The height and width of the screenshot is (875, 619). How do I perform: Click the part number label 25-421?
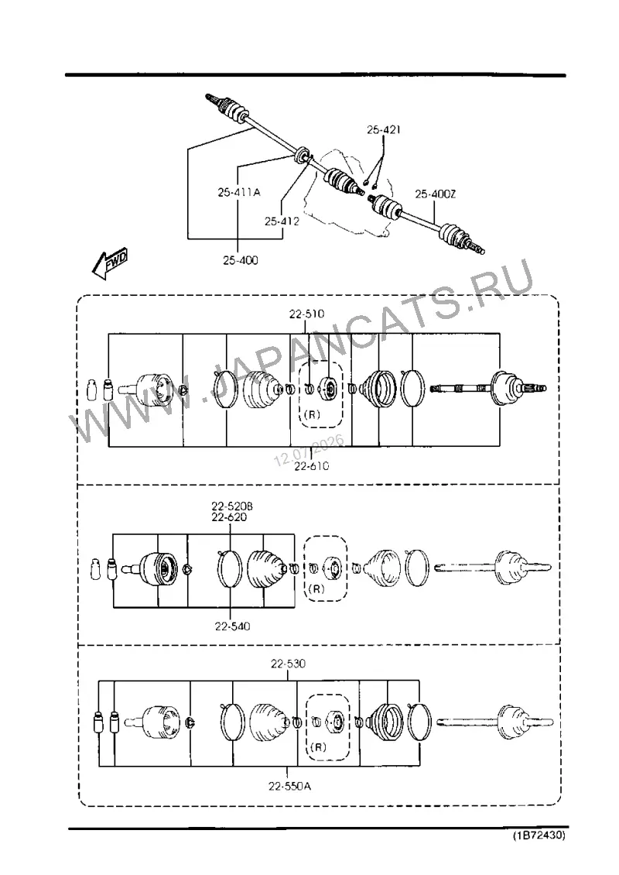384,129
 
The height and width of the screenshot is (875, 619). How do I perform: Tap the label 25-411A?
238,192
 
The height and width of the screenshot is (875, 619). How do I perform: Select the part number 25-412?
282,221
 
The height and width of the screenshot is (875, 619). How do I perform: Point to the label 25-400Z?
436,194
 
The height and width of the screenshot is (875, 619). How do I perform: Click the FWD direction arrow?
111,262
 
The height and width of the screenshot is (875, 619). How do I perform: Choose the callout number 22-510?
306,314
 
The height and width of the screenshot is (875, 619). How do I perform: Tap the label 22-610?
311,466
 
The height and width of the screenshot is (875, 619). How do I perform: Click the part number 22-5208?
232,506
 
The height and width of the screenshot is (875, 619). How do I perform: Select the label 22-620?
229,517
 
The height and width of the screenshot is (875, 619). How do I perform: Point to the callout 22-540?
233,626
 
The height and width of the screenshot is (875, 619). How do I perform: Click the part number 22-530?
289,664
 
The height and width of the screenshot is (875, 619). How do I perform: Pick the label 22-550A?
289,786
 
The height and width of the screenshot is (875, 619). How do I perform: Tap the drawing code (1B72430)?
539,836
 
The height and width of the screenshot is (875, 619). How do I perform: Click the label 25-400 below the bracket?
241,260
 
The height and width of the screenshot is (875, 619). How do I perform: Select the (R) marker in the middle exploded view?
316,588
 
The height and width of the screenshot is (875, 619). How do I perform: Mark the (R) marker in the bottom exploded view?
318,746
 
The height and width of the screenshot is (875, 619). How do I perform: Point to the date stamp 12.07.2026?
309,451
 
